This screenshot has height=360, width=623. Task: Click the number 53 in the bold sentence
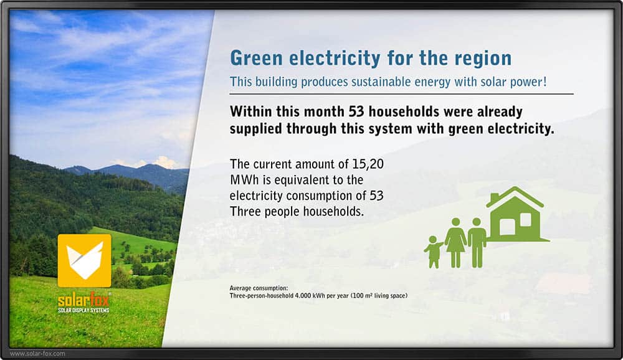[x=356, y=111]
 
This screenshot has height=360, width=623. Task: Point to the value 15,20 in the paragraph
[x=368, y=164]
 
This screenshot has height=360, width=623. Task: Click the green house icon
[x=516, y=215]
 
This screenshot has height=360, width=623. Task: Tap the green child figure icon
[x=434, y=252]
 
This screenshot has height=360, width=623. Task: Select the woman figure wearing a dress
[x=455, y=242]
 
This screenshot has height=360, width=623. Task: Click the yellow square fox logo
[x=84, y=261]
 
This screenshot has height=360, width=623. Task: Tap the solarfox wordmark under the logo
[x=83, y=300]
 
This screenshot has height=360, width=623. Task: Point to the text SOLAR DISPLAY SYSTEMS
[x=83, y=310]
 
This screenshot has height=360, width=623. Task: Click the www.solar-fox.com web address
[x=37, y=353]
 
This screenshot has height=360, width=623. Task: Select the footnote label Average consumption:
[x=259, y=288]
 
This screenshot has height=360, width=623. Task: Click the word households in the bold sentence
[x=404, y=111]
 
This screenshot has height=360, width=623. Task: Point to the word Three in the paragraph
[x=245, y=211]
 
